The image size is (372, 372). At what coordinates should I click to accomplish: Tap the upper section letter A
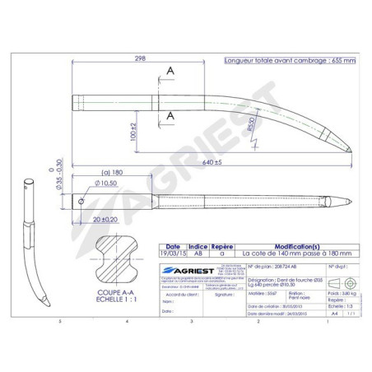(170, 72)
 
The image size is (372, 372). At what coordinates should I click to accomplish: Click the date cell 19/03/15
(173, 254)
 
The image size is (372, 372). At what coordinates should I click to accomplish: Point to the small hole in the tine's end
(81, 198)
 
